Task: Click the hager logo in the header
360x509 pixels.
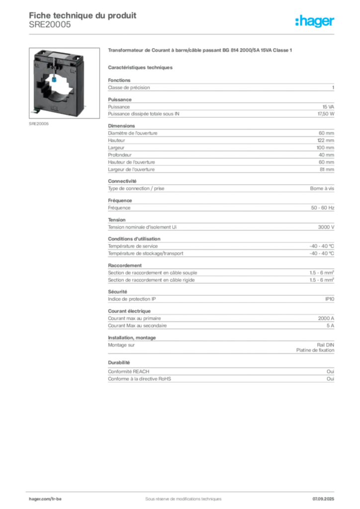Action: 315,21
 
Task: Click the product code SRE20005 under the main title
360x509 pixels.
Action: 50,25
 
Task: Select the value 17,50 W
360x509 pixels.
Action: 326,114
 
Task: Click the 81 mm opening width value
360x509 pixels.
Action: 327,170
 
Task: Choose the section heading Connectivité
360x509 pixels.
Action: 122,181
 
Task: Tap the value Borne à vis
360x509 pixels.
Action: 322,188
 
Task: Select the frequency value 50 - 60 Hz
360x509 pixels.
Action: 323,208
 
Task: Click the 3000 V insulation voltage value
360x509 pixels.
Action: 326,227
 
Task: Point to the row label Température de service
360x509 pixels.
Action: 133,246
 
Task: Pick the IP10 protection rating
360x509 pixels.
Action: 330,299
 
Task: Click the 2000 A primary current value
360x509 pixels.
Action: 326,319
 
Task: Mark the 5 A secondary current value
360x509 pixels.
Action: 331,326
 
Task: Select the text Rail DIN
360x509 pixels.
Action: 326,345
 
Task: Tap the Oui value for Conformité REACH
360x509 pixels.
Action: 331,371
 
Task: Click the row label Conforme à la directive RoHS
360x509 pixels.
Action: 139,379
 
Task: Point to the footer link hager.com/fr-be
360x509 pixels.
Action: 45,499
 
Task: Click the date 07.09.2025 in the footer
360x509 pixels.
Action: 323,499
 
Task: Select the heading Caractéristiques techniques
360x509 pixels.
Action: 140,68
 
